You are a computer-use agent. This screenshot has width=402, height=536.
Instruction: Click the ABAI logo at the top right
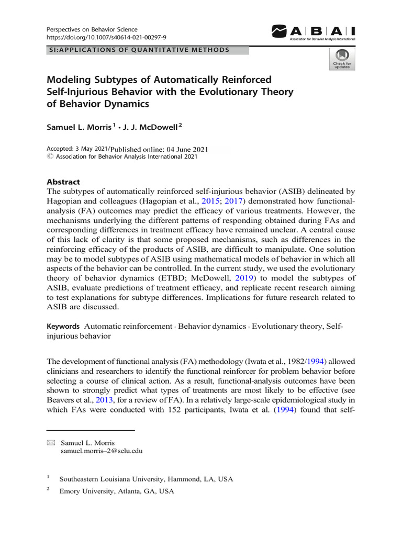point(313,32)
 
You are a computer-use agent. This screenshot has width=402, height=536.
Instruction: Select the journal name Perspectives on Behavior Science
point(93,29)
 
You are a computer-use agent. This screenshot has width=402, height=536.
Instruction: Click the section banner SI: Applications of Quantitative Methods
point(138,50)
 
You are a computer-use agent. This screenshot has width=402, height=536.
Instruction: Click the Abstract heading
point(63,182)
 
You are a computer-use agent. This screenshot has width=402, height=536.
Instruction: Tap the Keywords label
point(63,326)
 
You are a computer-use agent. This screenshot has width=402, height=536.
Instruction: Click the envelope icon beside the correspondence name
point(51,443)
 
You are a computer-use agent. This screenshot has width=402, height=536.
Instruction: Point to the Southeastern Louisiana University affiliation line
point(146,479)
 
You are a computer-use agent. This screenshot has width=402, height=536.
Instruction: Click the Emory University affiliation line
point(117,492)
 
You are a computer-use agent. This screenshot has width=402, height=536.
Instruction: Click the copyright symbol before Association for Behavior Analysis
point(50,157)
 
